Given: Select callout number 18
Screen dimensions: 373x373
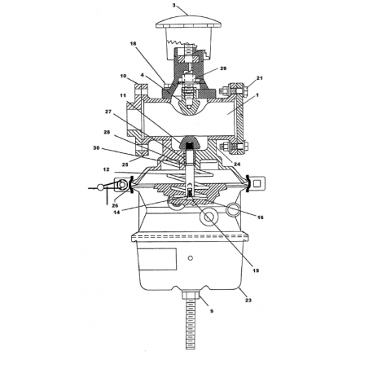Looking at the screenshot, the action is pos(133,43).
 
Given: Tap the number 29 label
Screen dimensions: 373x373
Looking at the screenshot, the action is pos(223,68).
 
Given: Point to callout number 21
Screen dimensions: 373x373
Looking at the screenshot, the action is pos(260,78).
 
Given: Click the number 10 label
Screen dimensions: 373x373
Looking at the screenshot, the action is pos(123,76).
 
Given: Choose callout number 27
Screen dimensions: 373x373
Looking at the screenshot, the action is pos(108,112).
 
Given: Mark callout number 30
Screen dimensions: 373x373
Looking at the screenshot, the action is pos(96,148).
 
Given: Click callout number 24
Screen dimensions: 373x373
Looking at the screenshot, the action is pos(237,164).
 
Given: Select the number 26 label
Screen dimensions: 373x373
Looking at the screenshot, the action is pos(115,205).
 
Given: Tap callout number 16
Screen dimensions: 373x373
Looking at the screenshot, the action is pos(260,217).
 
